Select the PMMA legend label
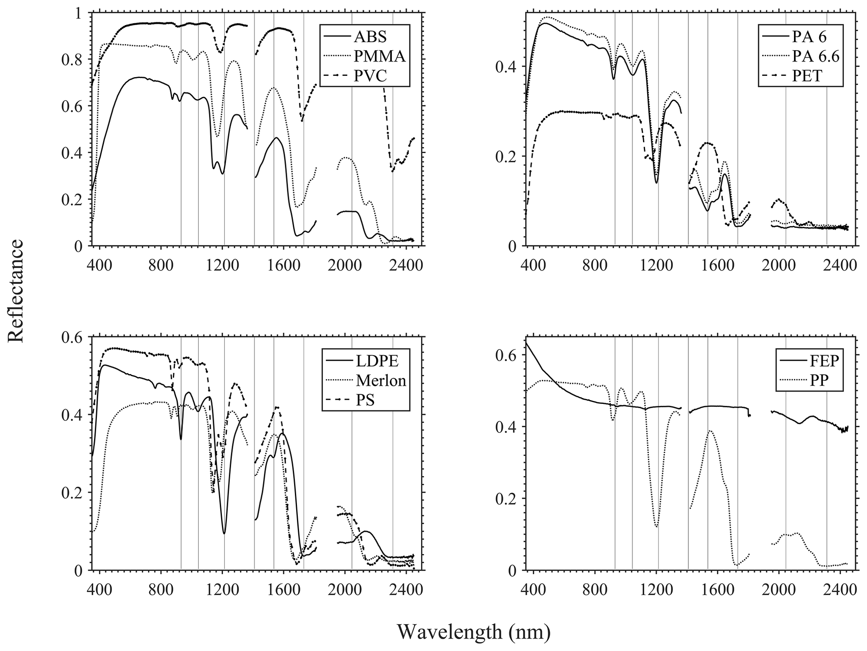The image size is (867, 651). tap(380, 56)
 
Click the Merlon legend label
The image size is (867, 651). tap(380, 380)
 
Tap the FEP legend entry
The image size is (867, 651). tap(815, 360)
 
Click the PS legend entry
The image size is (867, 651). tap(365, 400)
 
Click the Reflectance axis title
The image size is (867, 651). tap(16, 291)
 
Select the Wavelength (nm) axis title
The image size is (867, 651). tap(474, 632)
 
